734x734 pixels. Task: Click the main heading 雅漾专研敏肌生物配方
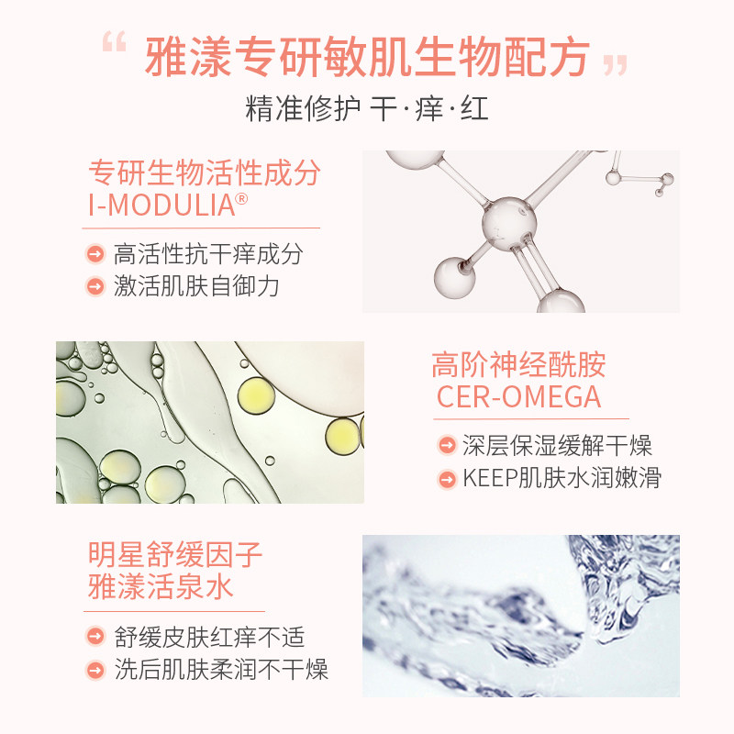coord(367,59)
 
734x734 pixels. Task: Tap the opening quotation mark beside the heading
coord(113,44)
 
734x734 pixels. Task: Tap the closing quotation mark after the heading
coord(616,65)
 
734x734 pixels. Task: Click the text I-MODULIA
coord(161,205)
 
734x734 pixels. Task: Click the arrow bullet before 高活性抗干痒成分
coord(95,254)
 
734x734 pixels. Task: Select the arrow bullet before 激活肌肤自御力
coord(95,285)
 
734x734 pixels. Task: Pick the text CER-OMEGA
coord(518,397)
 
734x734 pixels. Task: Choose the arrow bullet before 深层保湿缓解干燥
coord(447,447)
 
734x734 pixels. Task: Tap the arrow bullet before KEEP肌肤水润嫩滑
coord(447,478)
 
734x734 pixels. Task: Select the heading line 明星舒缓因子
coord(175,555)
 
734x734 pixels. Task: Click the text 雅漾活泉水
coord(161,586)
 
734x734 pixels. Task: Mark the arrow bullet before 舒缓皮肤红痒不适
coord(95,637)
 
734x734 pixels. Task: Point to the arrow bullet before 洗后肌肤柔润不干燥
coord(95,669)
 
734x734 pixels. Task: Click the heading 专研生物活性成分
coord(204,172)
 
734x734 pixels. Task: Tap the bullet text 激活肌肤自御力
coord(196,285)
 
